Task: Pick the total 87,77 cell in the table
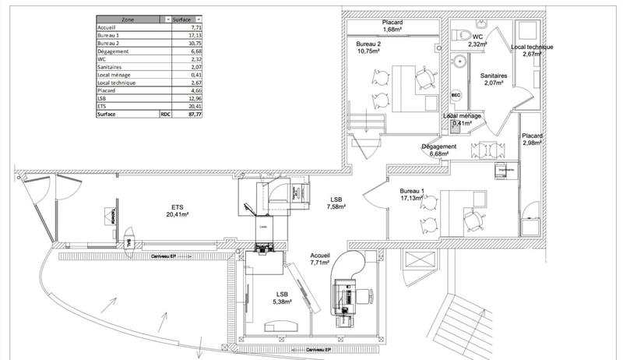tap(188, 113)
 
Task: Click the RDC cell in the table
tap(165, 113)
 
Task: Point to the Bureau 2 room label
tap(368, 48)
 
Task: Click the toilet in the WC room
tap(465, 34)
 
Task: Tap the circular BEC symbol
tap(456, 96)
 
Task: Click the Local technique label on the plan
tap(532, 51)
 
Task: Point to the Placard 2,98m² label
tap(532, 139)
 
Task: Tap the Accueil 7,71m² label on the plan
tap(320, 259)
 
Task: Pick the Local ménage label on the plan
tap(463, 118)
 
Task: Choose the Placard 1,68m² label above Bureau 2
tap(392, 26)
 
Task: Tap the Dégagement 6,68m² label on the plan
tap(438, 150)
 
